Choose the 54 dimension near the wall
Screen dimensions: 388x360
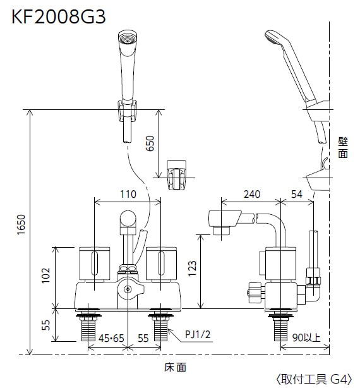pyautogui.click(x=297, y=195)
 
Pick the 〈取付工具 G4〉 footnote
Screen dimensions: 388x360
pyautogui.click(x=312, y=379)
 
